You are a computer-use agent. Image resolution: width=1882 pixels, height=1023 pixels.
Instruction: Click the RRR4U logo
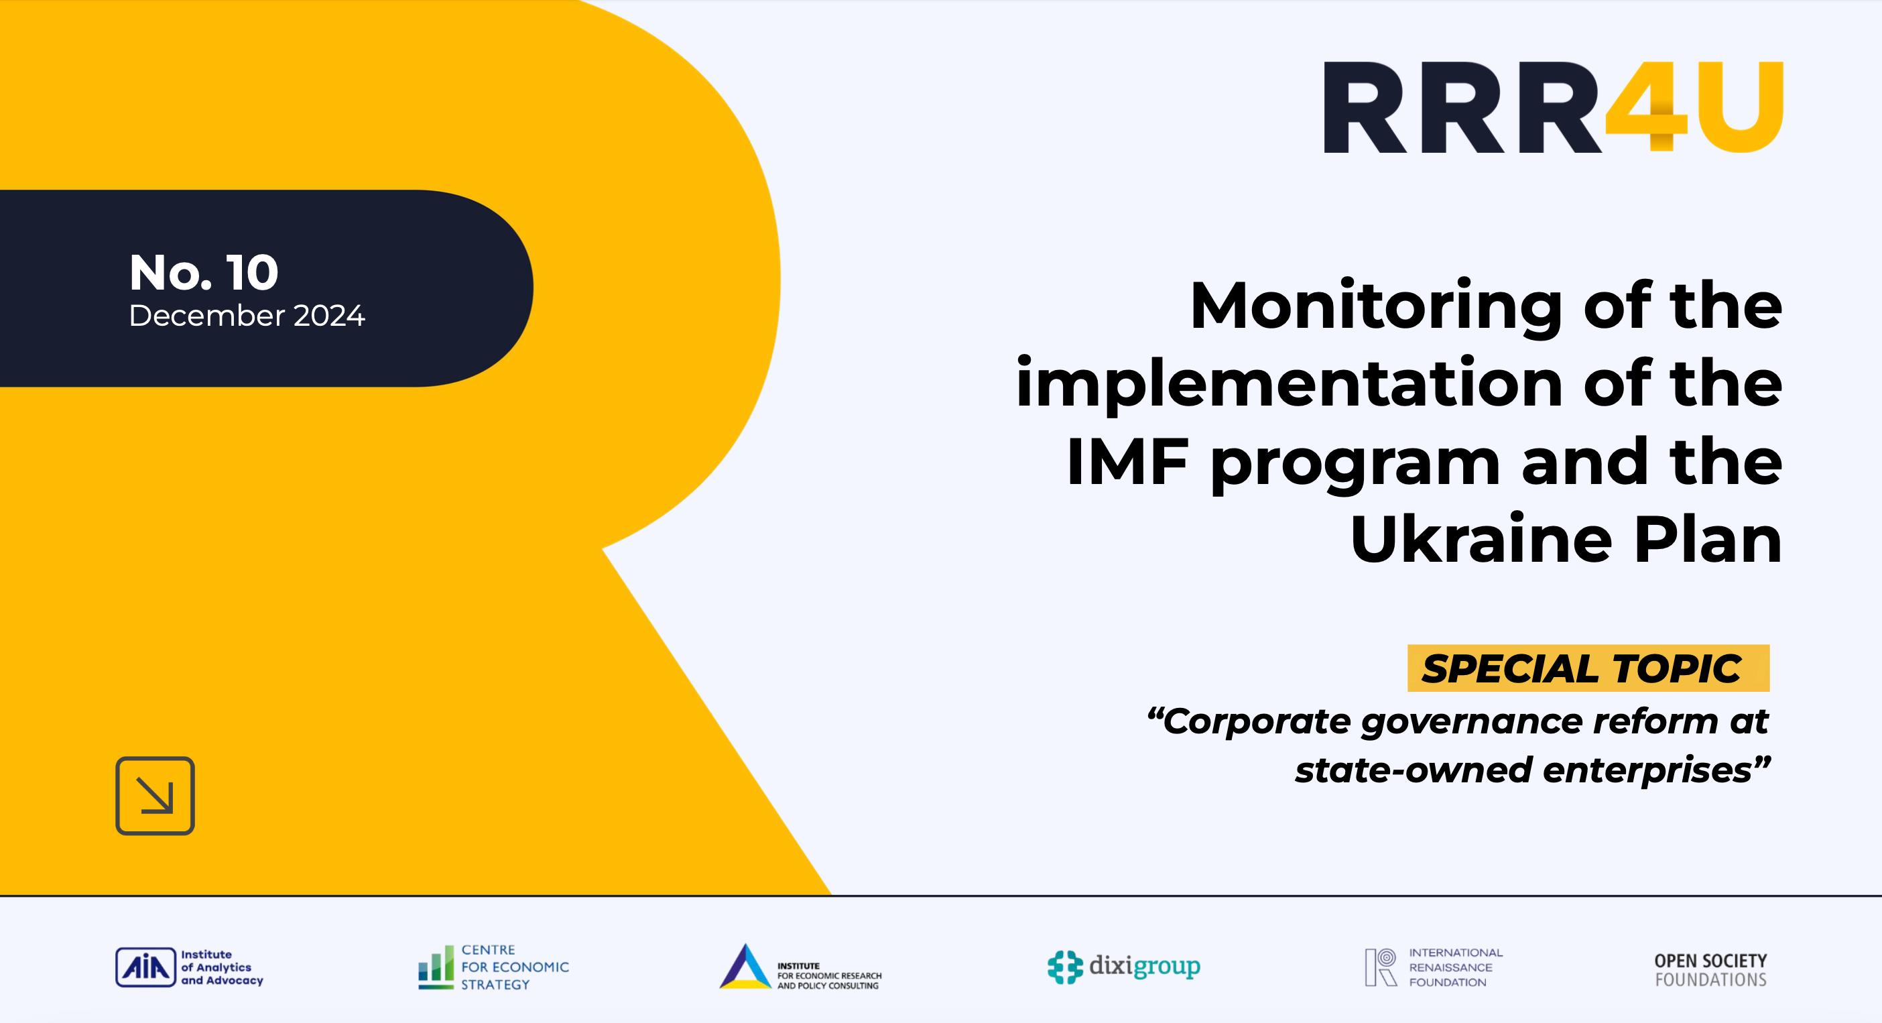(1552, 107)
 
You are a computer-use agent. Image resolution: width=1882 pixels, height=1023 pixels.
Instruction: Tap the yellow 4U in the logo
(1695, 107)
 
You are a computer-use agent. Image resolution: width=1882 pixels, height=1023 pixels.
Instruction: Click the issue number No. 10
(204, 273)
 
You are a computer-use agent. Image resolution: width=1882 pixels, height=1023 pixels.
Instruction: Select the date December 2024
(246, 316)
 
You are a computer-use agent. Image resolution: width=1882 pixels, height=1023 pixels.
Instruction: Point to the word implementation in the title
(1289, 384)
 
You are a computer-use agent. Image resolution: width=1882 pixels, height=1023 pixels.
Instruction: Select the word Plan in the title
(1707, 540)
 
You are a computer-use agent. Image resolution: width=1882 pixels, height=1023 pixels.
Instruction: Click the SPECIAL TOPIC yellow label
(1588, 668)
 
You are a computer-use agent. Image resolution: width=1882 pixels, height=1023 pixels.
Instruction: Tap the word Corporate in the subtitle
(1257, 722)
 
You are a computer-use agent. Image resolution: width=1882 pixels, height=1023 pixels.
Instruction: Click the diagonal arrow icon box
(155, 796)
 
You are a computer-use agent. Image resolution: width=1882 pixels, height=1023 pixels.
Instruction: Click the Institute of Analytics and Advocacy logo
(189, 967)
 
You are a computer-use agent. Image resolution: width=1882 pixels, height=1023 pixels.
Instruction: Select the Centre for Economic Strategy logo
(493, 967)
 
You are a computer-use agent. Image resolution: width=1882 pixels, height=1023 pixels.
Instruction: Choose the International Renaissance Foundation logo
(1434, 967)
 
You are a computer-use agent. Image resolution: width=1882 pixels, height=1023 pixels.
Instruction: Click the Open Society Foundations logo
(1710, 969)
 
